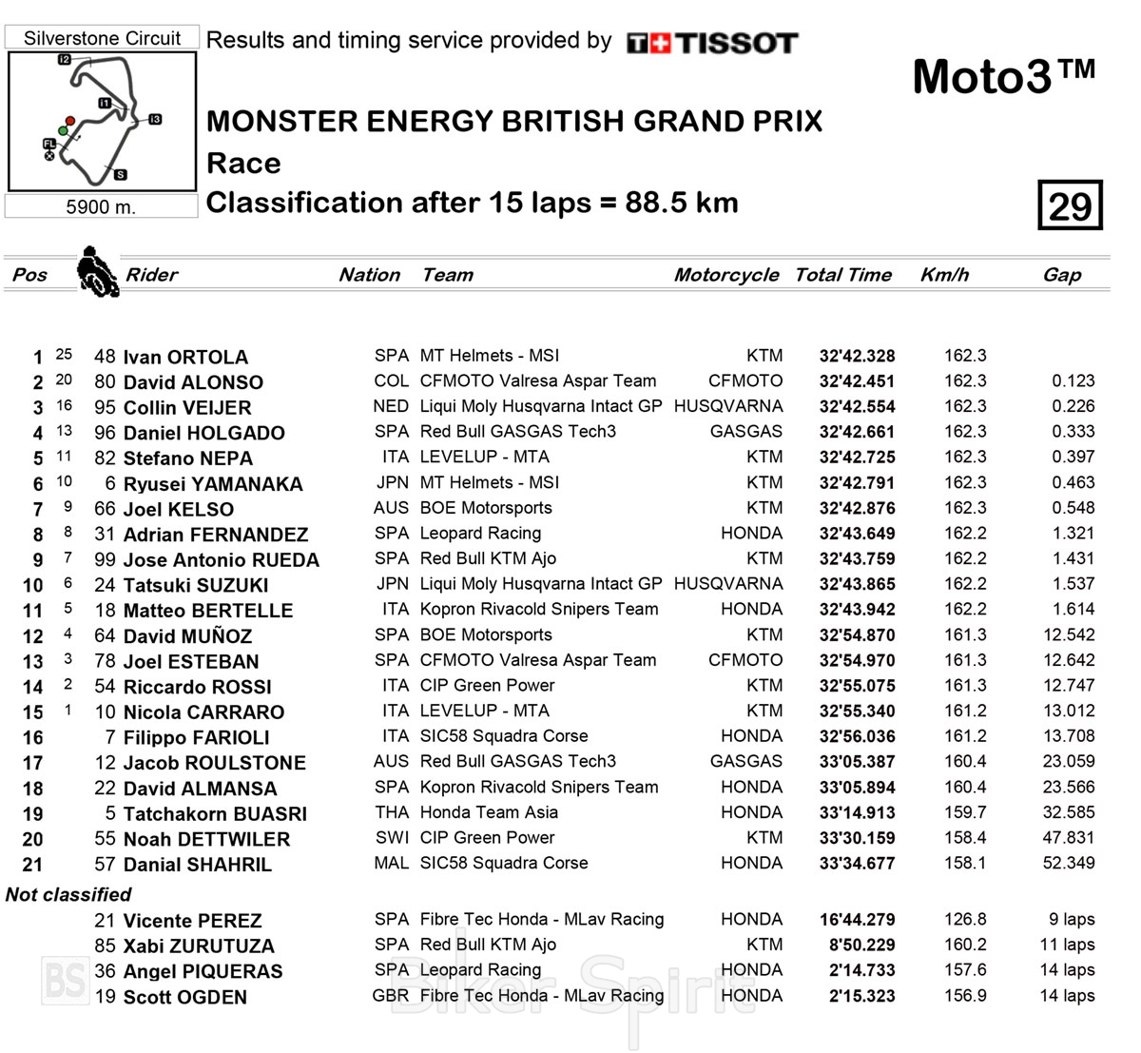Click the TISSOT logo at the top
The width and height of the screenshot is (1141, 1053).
712,43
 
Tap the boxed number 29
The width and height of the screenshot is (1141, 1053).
1070,205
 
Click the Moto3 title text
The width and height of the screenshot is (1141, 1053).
1003,76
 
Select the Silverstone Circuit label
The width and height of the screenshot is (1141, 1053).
102,39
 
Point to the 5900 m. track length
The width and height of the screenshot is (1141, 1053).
101,206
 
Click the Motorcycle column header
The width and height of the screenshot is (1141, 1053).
726,275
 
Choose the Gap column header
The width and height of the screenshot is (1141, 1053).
1061,275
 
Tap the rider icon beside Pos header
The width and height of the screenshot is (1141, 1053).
97,271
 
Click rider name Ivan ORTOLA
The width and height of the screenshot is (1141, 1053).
185,358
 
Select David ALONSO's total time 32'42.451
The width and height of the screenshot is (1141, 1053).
857,381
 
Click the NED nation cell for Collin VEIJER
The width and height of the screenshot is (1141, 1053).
391,406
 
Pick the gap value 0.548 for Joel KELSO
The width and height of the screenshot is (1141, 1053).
1073,508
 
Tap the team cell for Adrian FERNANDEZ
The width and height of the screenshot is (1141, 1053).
480,534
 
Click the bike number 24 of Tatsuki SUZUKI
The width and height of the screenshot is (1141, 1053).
105,585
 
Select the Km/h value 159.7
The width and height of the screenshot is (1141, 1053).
965,812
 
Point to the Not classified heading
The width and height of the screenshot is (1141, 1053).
68,894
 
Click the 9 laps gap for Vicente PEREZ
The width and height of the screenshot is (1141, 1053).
1072,920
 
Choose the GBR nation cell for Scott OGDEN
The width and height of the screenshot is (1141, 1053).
390,996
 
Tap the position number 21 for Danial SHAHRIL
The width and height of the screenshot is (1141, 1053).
32,865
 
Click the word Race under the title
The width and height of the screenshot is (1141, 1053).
243,164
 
